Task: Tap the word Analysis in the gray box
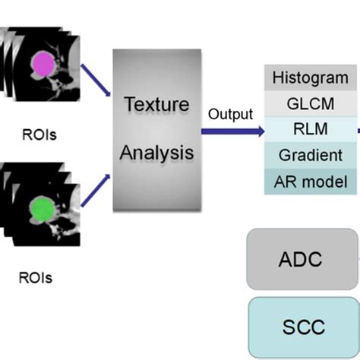tap(156, 152)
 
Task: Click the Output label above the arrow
tap(229, 115)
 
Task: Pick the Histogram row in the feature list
tap(310, 77)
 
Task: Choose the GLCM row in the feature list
tap(310, 103)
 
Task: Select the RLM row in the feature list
tap(310, 129)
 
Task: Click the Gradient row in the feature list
tap(310, 156)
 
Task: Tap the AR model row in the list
tap(310, 182)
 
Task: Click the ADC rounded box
tap(302, 260)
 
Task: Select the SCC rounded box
tap(302, 327)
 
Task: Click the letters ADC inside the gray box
tap(302, 260)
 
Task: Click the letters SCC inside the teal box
tap(302, 327)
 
